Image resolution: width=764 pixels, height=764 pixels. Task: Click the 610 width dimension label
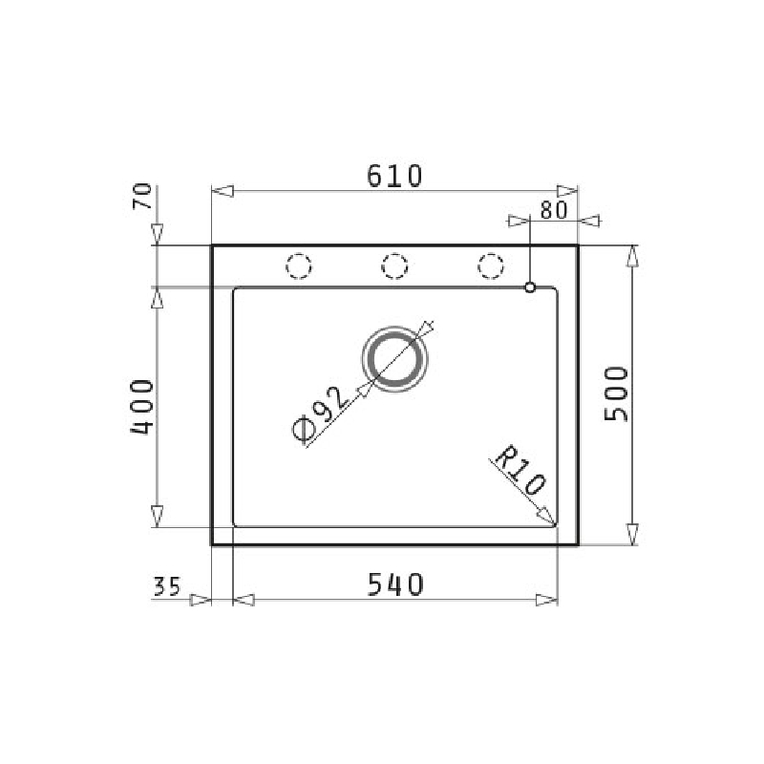tap(394, 176)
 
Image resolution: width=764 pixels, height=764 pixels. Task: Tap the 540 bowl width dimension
tap(395, 584)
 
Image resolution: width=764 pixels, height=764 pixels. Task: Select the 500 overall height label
tap(616, 393)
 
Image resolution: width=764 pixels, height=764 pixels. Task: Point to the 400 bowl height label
tap(142, 407)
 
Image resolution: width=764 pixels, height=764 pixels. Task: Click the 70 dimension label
tap(142, 197)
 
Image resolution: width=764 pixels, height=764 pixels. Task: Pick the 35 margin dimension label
tap(167, 586)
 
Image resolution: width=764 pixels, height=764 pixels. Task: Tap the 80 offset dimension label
tap(554, 210)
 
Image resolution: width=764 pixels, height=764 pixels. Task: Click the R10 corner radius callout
tap(520, 471)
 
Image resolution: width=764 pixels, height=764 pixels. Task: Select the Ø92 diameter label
tap(321, 414)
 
